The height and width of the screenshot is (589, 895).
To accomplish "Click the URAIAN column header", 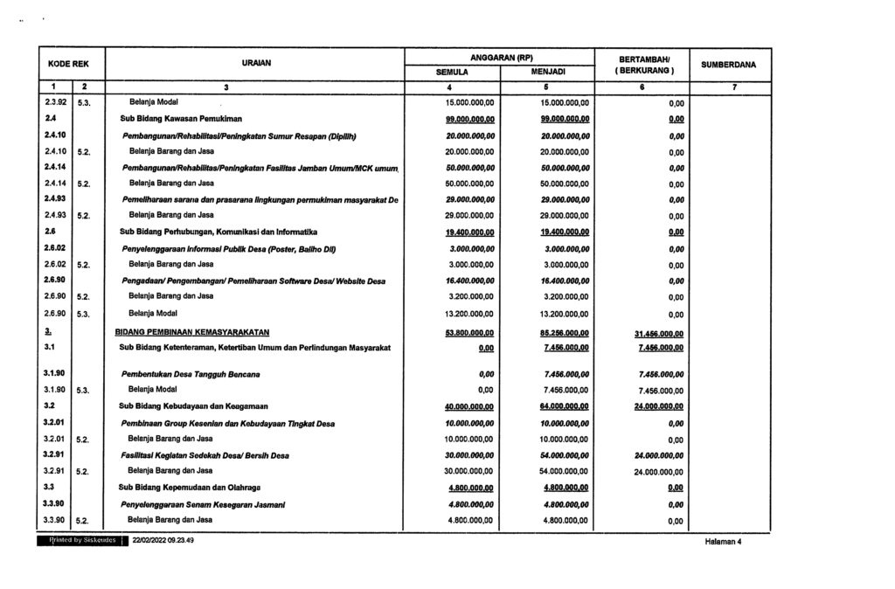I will pyautogui.click(x=256, y=64).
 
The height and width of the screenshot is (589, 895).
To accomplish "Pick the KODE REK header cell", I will pyautogui.click(x=72, y=64).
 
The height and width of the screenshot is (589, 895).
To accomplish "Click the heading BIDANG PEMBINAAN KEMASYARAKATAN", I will pyautogui.click(x=192, y=332).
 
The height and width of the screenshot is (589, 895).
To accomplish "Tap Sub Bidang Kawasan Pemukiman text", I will pyautogui.click(x=180, y=118).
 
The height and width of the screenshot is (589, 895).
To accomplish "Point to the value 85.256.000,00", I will pyautogui.click(x=565, y=332).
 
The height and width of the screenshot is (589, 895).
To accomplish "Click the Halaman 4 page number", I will pyautogui.click(x=721, y=542).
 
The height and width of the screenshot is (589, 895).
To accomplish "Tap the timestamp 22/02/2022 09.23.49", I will pyautogui.click(x=163, y=541).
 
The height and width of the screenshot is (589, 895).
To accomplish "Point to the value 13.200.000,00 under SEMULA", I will pyautogui.click(x=469, y=314).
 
